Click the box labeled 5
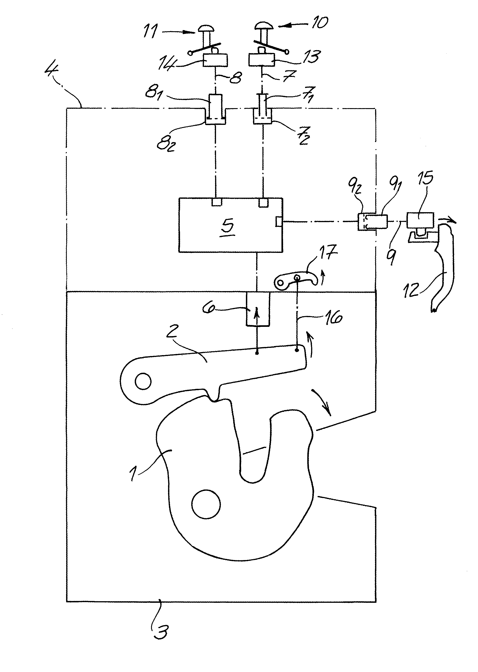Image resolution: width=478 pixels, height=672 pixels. tap(231, 225)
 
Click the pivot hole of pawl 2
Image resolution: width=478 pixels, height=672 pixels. tap(143, 382)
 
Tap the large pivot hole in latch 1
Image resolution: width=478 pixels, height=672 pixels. tap(206, 504)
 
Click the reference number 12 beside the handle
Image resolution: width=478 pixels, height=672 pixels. tap(411, 289)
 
